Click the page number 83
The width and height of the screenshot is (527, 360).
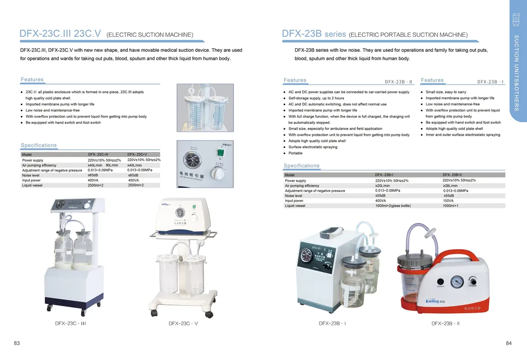coord(17,343)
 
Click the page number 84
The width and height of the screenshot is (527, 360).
coord(509,343)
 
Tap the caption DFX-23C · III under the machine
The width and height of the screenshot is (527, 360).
coord(71,323)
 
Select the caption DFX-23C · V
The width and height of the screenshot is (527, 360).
coord(183,323)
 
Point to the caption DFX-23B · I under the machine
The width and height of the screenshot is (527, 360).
coord(332,323)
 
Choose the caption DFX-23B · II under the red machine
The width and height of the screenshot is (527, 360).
coord(445,323)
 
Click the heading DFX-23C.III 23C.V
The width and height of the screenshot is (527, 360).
coord(60,34)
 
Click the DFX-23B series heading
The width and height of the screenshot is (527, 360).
coord(314,34)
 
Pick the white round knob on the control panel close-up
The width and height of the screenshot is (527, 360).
coord(217,175)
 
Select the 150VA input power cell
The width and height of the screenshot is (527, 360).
coord(449,201)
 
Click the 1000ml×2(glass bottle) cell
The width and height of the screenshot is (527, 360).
coord(393,206)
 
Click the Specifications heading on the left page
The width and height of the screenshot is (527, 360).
coord(39,145)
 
